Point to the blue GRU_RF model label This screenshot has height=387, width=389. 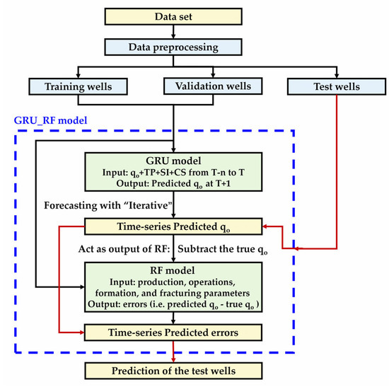point(49,121)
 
